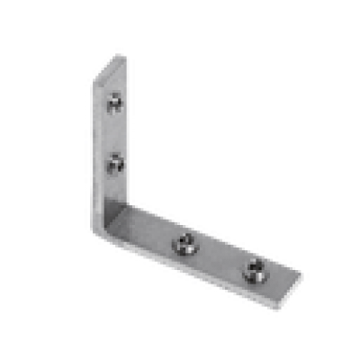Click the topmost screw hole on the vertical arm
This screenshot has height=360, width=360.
click(x=113, y=103)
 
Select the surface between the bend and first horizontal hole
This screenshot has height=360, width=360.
click(x=153, y=229)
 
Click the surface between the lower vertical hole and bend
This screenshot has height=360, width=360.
click(x=115, y=193)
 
